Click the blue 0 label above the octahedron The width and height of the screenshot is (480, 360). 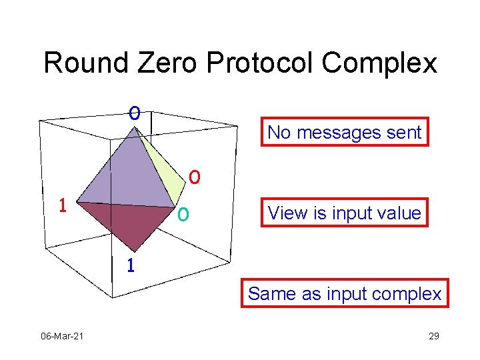135,113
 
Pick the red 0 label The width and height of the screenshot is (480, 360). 193,177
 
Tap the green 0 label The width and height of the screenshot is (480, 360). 182,215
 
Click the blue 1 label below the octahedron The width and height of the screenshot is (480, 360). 131,265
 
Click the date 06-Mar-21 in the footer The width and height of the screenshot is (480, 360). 61,336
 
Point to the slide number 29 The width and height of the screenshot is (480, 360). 433,336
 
